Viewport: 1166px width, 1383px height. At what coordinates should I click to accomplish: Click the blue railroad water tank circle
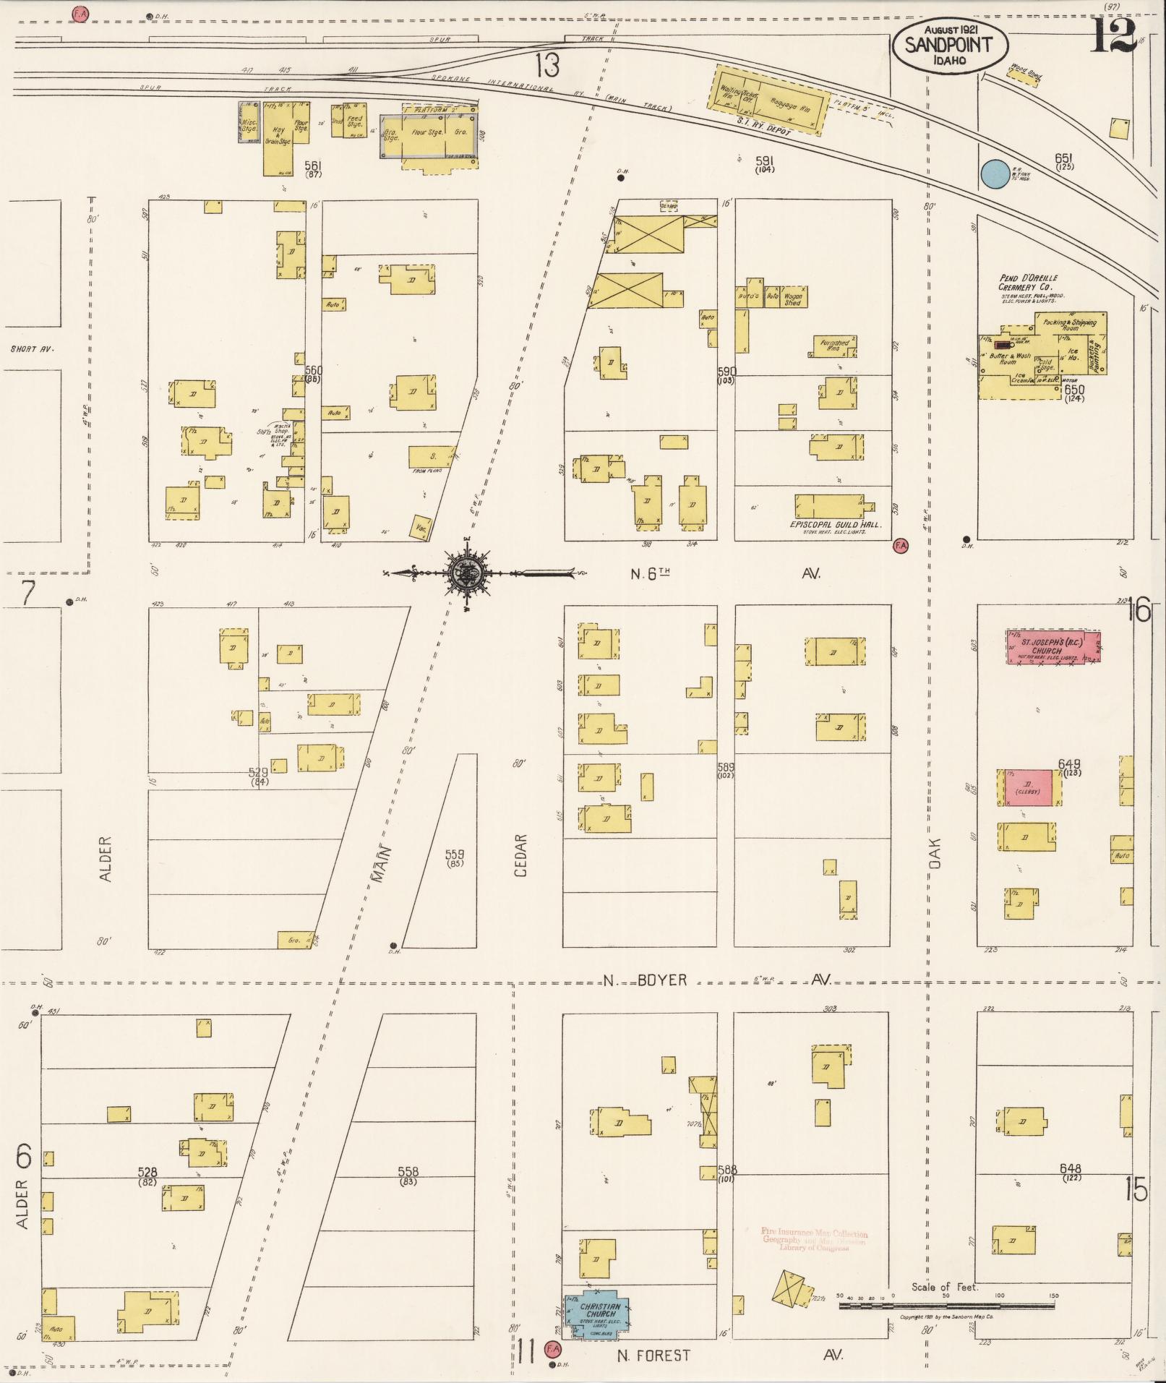(x=995, y=174)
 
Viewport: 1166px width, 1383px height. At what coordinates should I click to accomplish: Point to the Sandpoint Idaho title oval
(x=948, y=46)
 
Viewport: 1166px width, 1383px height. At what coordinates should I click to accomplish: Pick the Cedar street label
(x=520, y=856)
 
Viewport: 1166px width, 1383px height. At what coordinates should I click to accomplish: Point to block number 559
(x=455, y=855)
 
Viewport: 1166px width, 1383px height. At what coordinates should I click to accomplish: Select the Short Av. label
(x=33, y=349)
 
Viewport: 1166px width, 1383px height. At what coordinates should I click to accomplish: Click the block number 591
(x=765, y=160)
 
